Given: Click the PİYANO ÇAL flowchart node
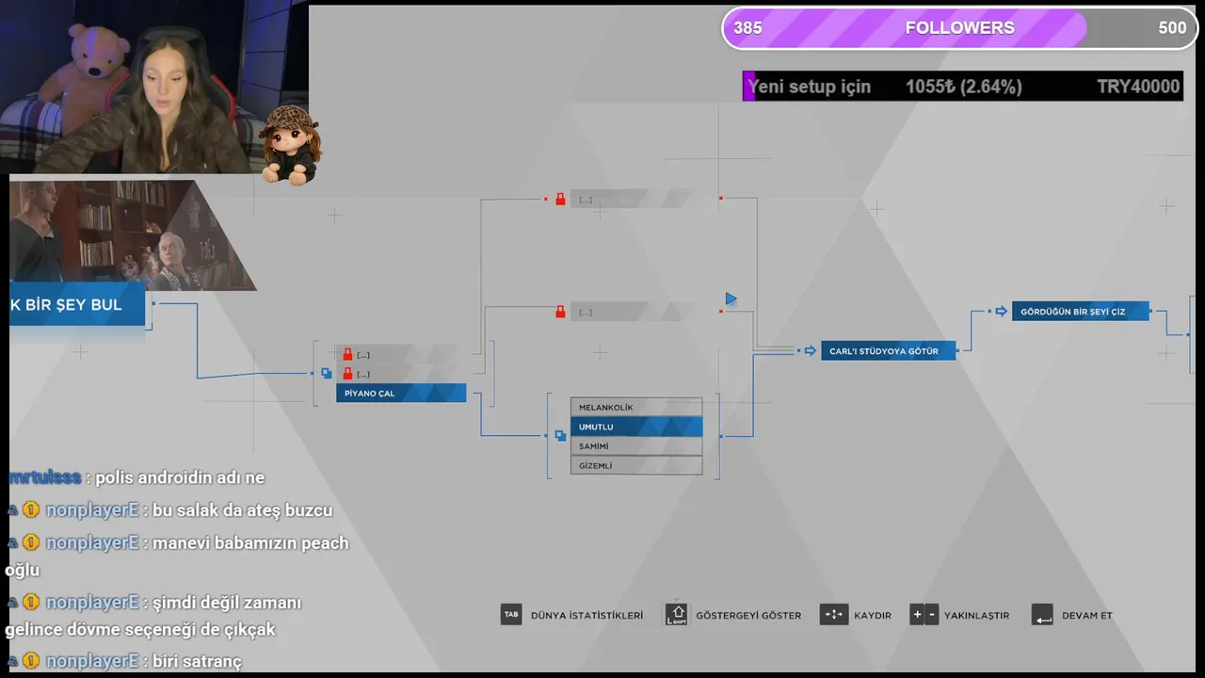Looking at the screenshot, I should click(x=400, y=394).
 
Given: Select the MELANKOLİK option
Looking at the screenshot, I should click(x=635, y=408).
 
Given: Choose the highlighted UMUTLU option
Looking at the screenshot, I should click(x=635, y=428).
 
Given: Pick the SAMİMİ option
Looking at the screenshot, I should click(x=635, y=446).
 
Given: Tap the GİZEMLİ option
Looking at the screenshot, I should click(x=635, y=466).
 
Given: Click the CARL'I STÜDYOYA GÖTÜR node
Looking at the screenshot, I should click(x=888, y=351).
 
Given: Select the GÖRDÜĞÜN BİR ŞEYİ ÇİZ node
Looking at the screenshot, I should click(x=1080, y=312).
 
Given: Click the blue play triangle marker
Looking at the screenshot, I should click(x=731, y=299).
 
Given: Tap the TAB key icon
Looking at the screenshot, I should click(x=511, y=615).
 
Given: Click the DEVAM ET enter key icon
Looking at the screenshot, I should click(x=1042, y=616).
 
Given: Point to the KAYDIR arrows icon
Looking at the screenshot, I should click(x=834, y=616).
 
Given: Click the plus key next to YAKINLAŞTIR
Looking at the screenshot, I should click(x=917, y=616).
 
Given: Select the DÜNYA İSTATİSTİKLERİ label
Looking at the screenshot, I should click(x=586, y=616).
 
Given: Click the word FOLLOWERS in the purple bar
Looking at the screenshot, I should click(x=959, y=28).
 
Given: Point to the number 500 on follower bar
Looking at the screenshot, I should click(x=1171, y=28).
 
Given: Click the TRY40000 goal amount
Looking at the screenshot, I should click(x=1137, y=87).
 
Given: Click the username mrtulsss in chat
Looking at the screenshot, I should click(x=44, y=477).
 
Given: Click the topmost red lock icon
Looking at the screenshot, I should click(x=560, y=200).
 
